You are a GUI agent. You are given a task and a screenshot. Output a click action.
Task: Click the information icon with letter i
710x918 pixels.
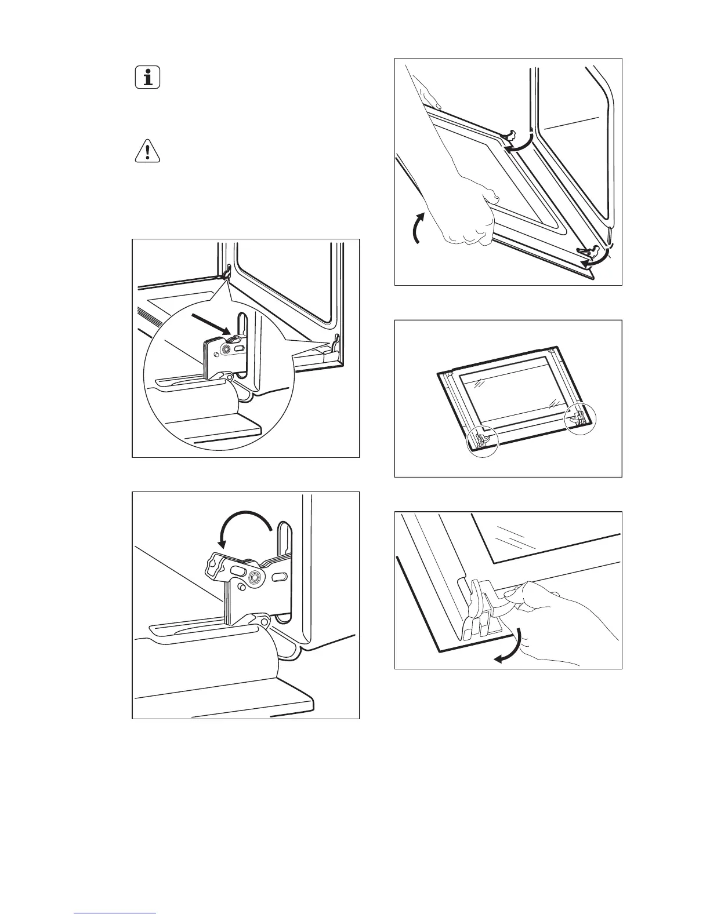pyautogui.click(x=148, y=77)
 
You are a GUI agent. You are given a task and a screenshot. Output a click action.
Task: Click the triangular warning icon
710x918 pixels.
pyautogui.click(x=148, y=151)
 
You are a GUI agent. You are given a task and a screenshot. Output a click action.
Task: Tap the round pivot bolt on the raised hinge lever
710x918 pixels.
pyautogui.click(x=253, y=578)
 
